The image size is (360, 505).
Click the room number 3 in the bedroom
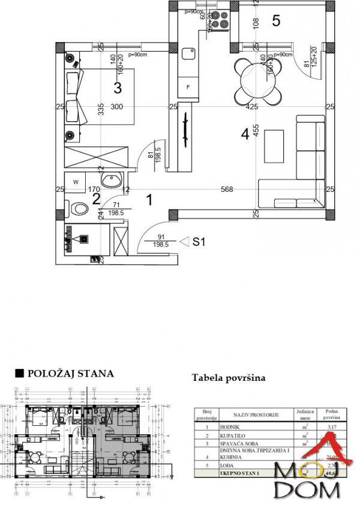point(118,88)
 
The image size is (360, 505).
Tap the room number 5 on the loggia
point(276,20)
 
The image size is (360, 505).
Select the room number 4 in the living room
point(245,134)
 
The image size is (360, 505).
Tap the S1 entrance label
point(200,242)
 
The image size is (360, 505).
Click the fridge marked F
point(189,88)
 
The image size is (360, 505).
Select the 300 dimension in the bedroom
point(116,107)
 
